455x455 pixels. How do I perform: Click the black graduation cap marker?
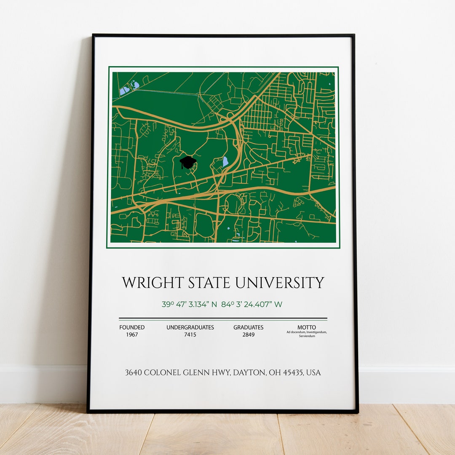coord(188,162)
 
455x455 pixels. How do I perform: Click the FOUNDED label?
coord(132,327)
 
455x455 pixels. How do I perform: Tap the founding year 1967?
coord(132,335)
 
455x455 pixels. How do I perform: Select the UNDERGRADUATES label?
coord(190,327)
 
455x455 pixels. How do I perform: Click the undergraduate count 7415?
coord(190,335)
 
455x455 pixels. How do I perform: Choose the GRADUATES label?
coord(249,327)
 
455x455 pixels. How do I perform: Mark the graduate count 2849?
coord(249,335)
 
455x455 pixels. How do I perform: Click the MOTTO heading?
coord(307,327)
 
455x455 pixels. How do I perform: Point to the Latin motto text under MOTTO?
coord(307,334)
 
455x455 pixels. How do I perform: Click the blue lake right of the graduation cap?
coord(225,161)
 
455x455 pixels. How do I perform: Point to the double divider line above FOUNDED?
coord(223,319)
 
